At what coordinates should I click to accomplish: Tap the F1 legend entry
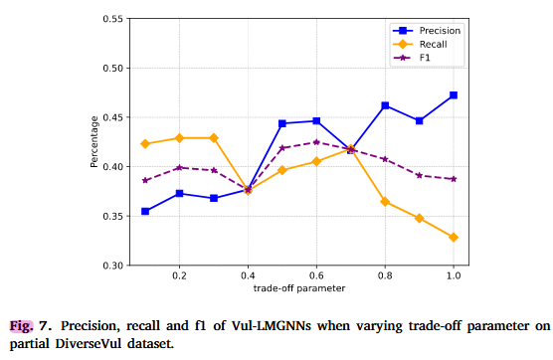[x=425, y=58]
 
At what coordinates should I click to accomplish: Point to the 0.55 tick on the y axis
[x=111, y=19]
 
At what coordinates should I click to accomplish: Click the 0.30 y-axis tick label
[x=111, y=266]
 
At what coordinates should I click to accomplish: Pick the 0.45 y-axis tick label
[x=111, y=117]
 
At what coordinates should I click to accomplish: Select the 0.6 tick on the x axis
[x=316, y=273]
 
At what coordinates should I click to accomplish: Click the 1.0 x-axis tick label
[x=454, y=273]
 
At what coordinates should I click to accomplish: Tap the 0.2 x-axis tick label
[x=179, y=273]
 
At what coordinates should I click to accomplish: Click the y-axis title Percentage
[x=94, y=142]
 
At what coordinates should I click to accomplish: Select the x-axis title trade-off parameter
[x=298, y=288]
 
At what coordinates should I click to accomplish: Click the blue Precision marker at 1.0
[x=454, y=95]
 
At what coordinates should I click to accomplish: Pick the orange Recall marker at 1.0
[x=454, y=238]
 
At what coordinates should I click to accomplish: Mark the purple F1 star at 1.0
[x=454, y=179]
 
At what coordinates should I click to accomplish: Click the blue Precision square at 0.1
[x=145, y=211]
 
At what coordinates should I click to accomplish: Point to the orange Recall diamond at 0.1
[x=145, y=144]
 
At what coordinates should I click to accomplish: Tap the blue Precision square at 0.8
[x=385, y=105]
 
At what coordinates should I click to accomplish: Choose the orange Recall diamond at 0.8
[x=385, y=202]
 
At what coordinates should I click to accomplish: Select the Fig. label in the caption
[x=21, y=325]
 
